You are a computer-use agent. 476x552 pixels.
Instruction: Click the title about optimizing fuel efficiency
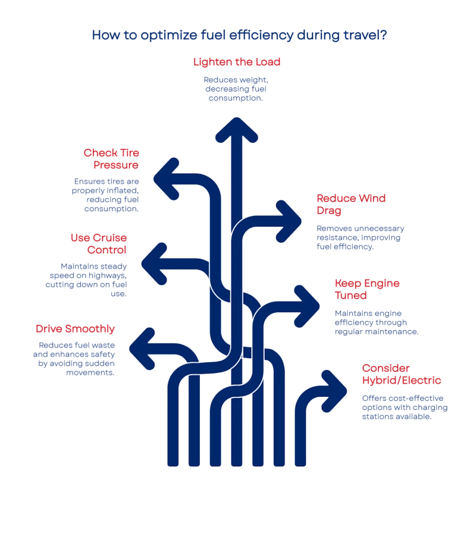pyautogui.click(x=240, y=35)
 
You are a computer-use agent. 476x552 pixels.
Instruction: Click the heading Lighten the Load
pyautogui.click(x=236, y=62)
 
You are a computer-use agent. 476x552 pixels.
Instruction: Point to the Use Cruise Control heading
pyautogui.click(x=99, y=243)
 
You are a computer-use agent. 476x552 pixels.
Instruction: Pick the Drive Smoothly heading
pyautogui.click(x=75, y=328)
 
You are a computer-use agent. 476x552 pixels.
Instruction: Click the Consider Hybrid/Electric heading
pyautogui.click(x=402, y=374)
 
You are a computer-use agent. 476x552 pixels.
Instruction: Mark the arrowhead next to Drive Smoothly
pyautogui.click(x=141, y=347)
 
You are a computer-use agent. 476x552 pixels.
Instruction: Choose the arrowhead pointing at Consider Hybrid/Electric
pyautogui.click(x=334, y=390)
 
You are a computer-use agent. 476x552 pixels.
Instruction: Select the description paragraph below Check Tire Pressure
pyautogui.click(x=107, y=195)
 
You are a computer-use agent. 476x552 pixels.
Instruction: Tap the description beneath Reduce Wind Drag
pyautogui.click(x=359, y=237)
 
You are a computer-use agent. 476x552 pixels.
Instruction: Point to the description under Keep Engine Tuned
pyautogui.click(x=375, y=322)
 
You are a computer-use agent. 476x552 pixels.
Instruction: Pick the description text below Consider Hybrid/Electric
pyautogui.click(x=404, y=407)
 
